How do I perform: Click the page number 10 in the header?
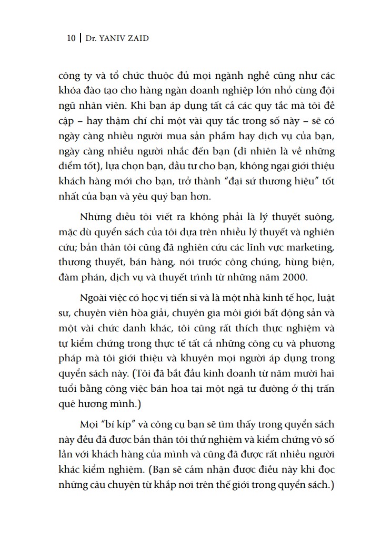(x=71, y=38)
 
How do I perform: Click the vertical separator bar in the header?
(x=80, y=38)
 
